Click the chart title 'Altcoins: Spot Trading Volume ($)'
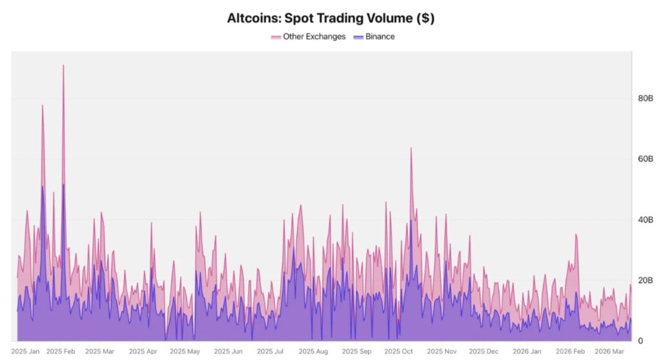point(330,18)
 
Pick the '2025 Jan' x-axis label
point(25,352)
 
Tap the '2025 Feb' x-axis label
point(61,352)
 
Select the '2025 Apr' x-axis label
point(143,352)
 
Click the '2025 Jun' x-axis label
point(228,352)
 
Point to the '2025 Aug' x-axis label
point(313,352)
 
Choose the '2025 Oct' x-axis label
point(398,352)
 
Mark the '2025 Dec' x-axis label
point(483,352)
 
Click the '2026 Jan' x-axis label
point(527,352)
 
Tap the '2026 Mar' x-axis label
point(609,352)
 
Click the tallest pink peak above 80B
point(63,65)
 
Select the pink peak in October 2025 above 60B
point(411,148)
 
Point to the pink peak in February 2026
point(576,235)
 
